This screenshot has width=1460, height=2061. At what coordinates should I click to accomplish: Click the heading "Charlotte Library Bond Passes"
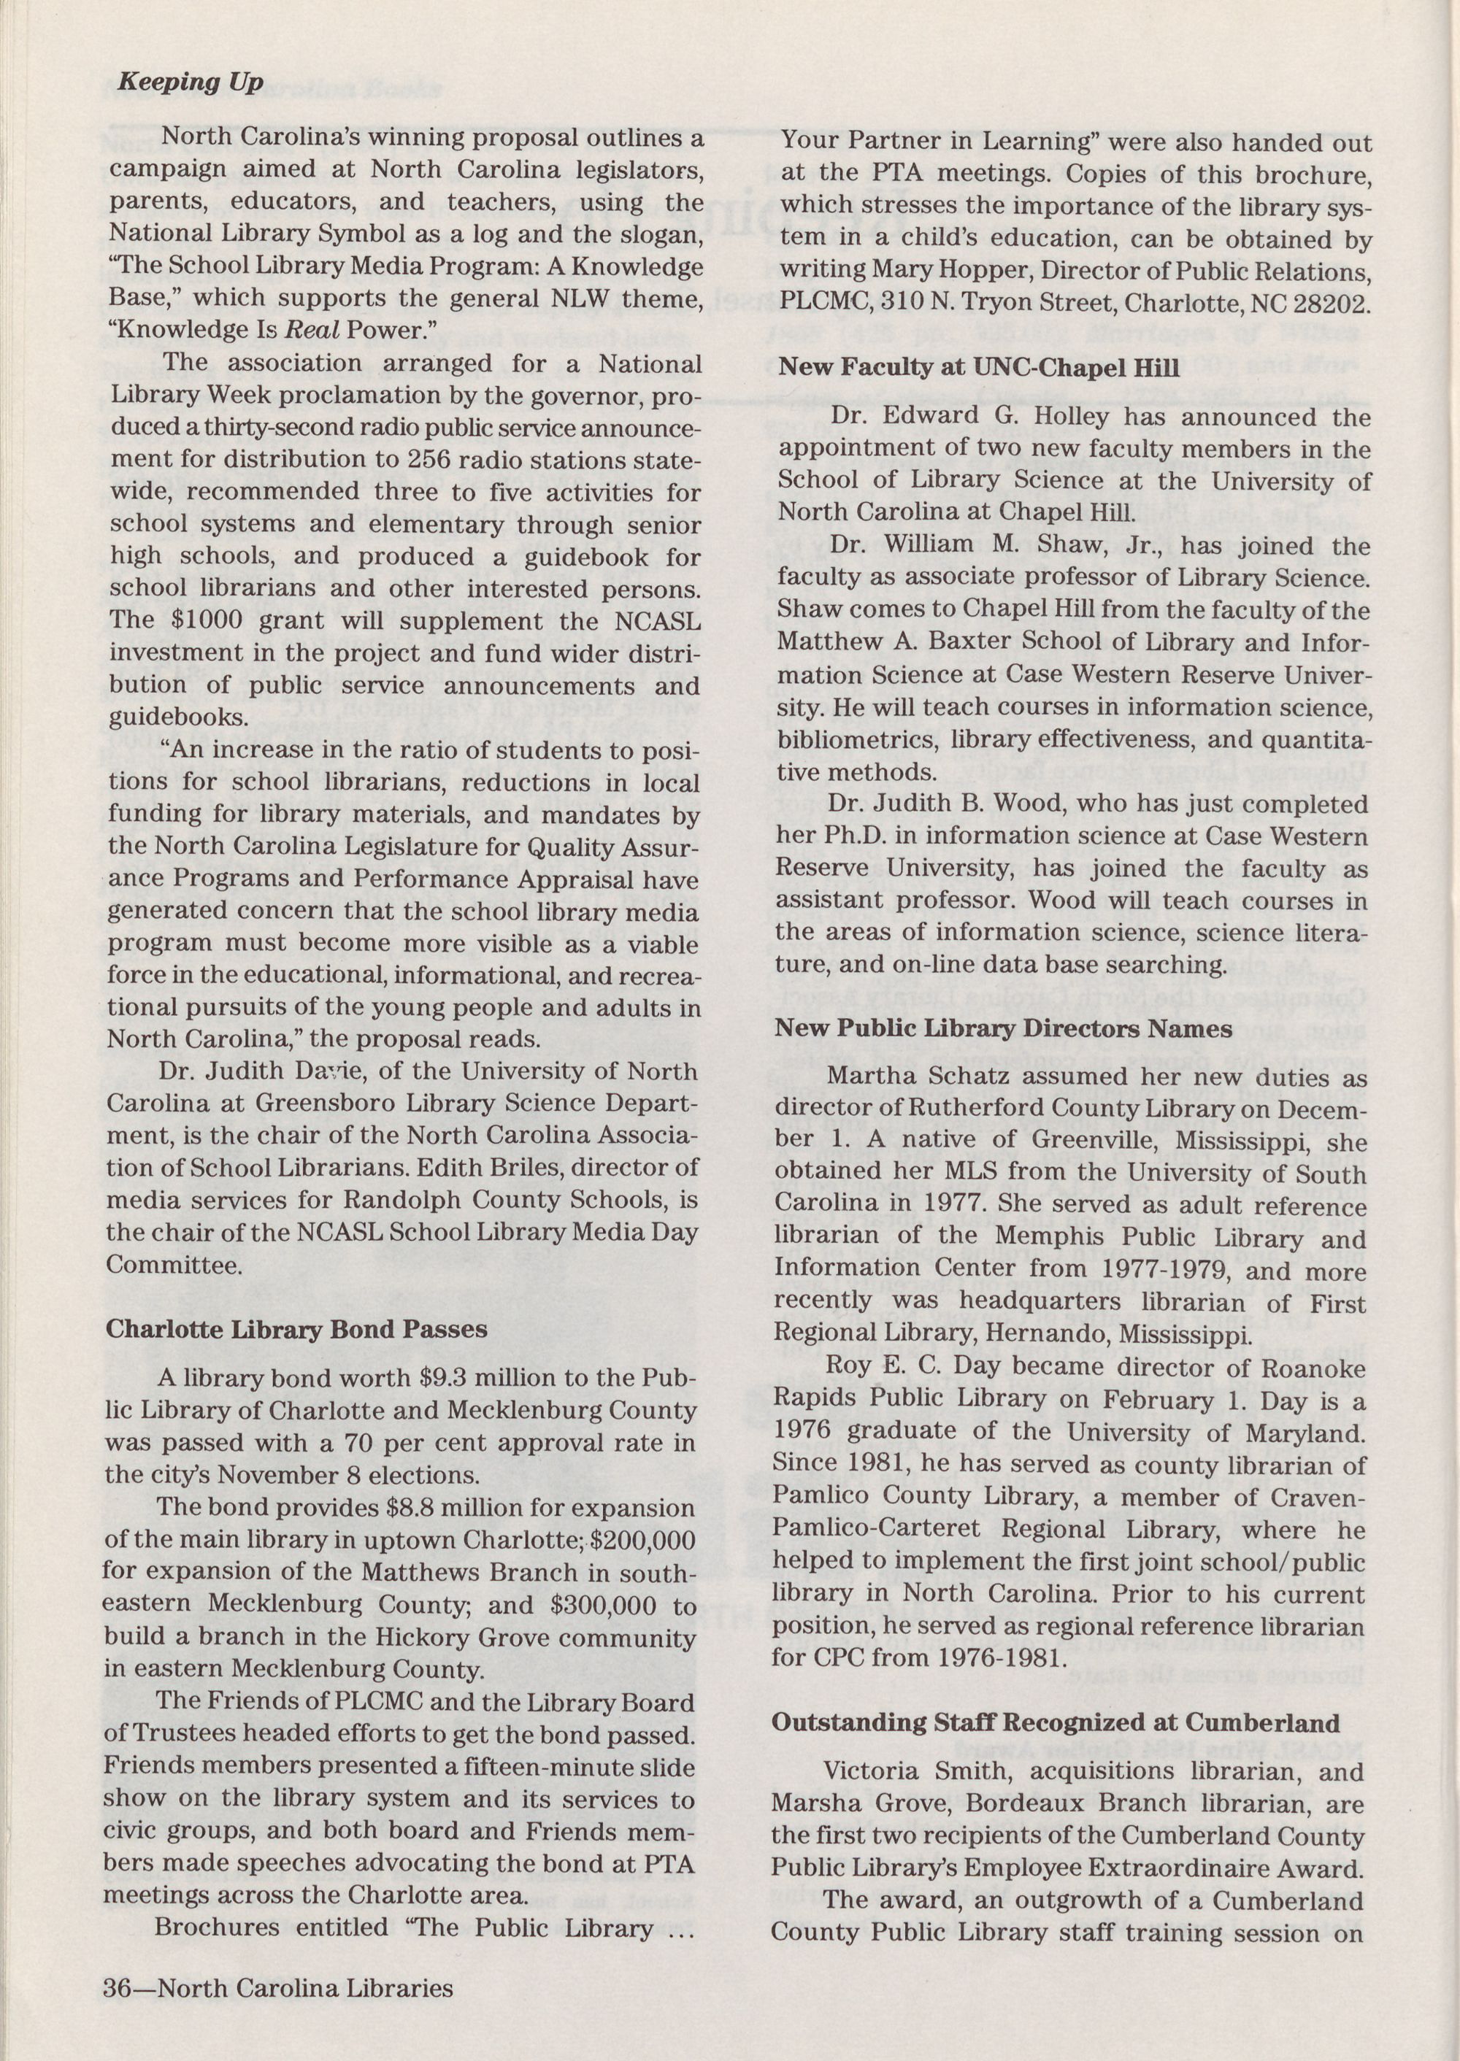(x=296, y=1329)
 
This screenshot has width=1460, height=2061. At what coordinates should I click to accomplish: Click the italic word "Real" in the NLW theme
(x=311, y=330)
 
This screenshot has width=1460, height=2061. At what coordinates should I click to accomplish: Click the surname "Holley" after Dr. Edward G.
(x=1069, y=417)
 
